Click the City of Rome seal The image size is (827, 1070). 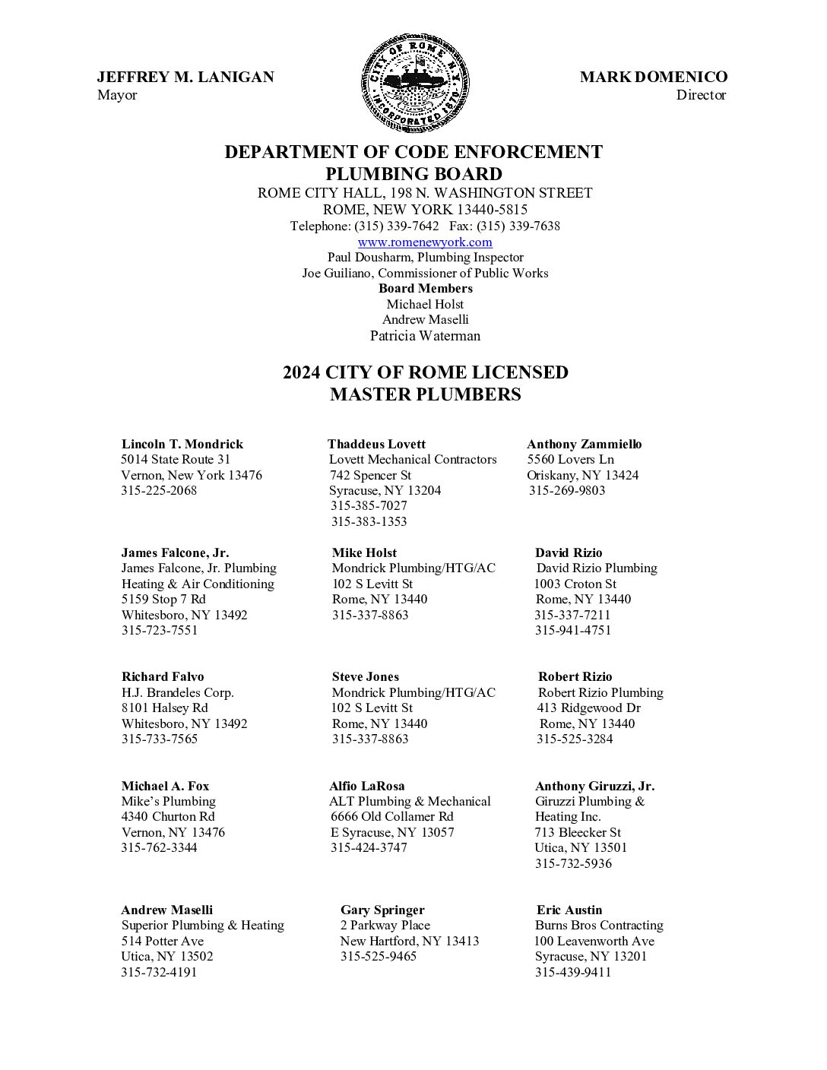[415, 82]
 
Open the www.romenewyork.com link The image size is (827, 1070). [425, 242]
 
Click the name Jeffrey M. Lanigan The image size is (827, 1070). [185, 77]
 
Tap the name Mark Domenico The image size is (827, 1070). [653, 77]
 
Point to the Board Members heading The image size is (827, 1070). [425, 288]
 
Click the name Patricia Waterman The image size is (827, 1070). [425, 335]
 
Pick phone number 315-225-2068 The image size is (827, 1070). [159, 490]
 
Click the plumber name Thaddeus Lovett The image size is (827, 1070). [376, 444]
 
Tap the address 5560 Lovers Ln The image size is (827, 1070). [570, 459]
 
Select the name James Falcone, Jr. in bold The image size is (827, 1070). [175, 552]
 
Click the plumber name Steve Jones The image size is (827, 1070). [365, 676]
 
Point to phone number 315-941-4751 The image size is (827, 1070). [572, 630]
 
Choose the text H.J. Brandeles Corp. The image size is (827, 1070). [178, 692]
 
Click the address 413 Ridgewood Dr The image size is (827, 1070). [588, 708]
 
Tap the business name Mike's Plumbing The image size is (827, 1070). [169, 801]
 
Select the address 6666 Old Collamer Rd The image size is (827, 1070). [391, 816]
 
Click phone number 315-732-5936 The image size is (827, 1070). [572, 863]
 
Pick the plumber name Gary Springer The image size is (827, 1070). [382, 910]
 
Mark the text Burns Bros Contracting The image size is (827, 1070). [599, 925]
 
